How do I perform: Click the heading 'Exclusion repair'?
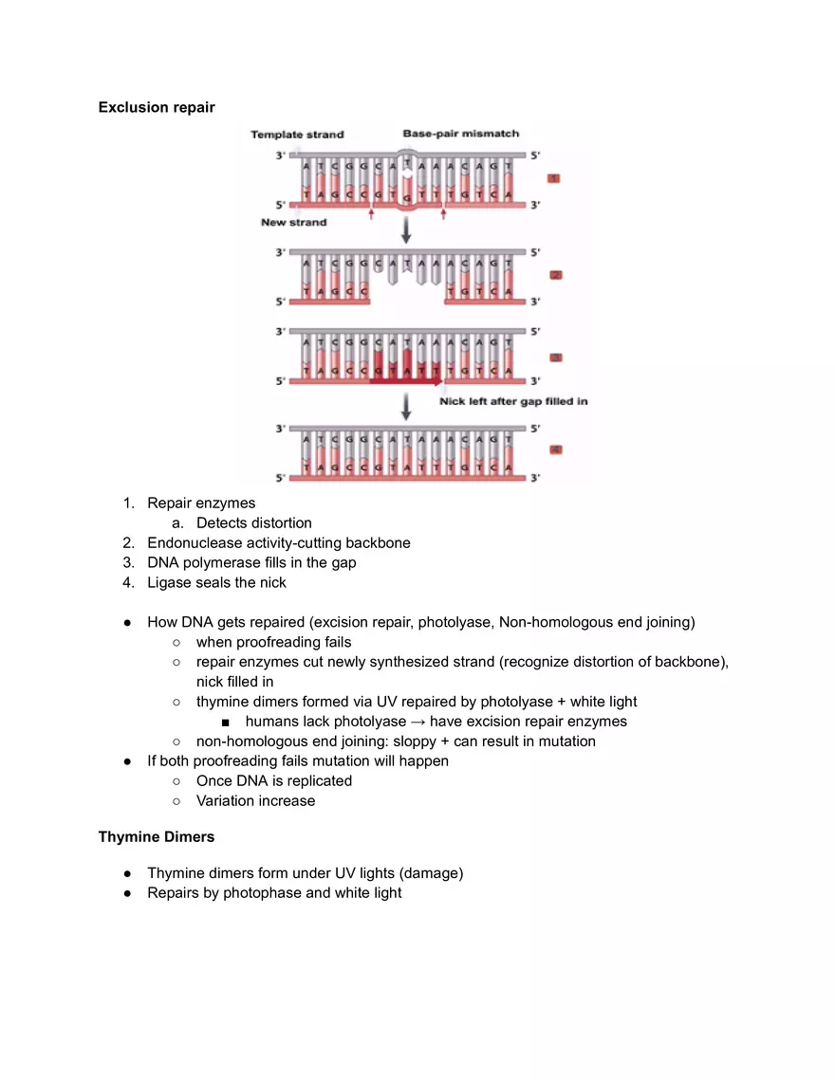coord(157,107)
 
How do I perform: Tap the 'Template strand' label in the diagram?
coord(297,135)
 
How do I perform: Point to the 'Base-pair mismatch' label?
coord(460,134)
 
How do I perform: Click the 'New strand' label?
coord(293,223)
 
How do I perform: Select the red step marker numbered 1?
coord(555,178)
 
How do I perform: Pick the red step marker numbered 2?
coord(556,275)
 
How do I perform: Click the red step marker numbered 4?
coord(556,449)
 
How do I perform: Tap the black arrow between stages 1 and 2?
coord(406,230)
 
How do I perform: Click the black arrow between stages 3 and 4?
coord(406,407)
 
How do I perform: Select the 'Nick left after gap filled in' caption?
coord(513,401)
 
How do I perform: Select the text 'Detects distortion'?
coord(253,523)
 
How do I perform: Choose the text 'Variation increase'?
coord(255,800)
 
